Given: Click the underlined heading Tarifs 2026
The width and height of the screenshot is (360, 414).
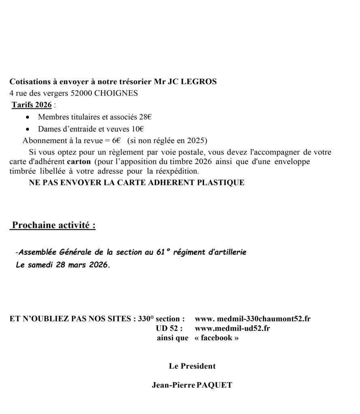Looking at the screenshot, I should coord(32,105).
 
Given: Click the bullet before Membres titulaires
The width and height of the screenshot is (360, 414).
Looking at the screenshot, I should coord(27,118).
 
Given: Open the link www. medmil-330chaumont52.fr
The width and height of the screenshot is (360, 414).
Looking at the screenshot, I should coord(252,319).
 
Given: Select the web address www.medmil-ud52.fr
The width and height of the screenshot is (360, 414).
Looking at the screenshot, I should coord(232,328).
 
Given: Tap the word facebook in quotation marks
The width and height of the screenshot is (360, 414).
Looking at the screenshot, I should coord(216,338).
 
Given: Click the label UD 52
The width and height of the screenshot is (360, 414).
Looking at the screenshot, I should coord(169,328).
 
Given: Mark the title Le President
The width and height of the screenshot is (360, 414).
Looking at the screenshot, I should coord(192,366).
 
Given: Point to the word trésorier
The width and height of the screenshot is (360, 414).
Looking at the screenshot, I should coord(133,82).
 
